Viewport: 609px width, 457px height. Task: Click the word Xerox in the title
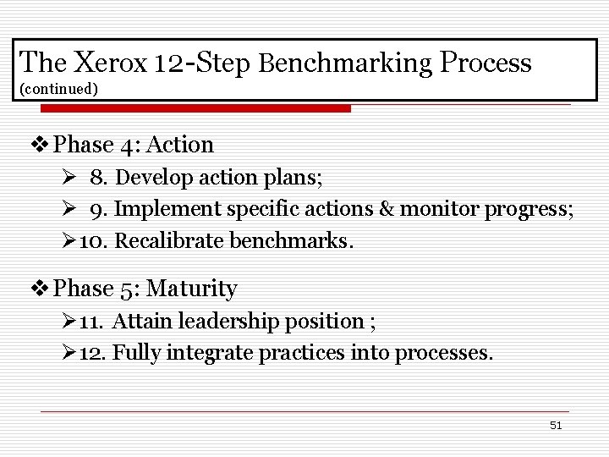point(111,62)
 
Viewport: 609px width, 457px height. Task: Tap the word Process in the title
point(485,62)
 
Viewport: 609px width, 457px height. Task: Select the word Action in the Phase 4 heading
point(180,145)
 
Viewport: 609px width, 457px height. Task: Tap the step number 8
point(98,178)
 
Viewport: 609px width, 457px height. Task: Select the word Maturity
point(192,289)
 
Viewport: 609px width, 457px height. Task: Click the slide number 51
point(556,425)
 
